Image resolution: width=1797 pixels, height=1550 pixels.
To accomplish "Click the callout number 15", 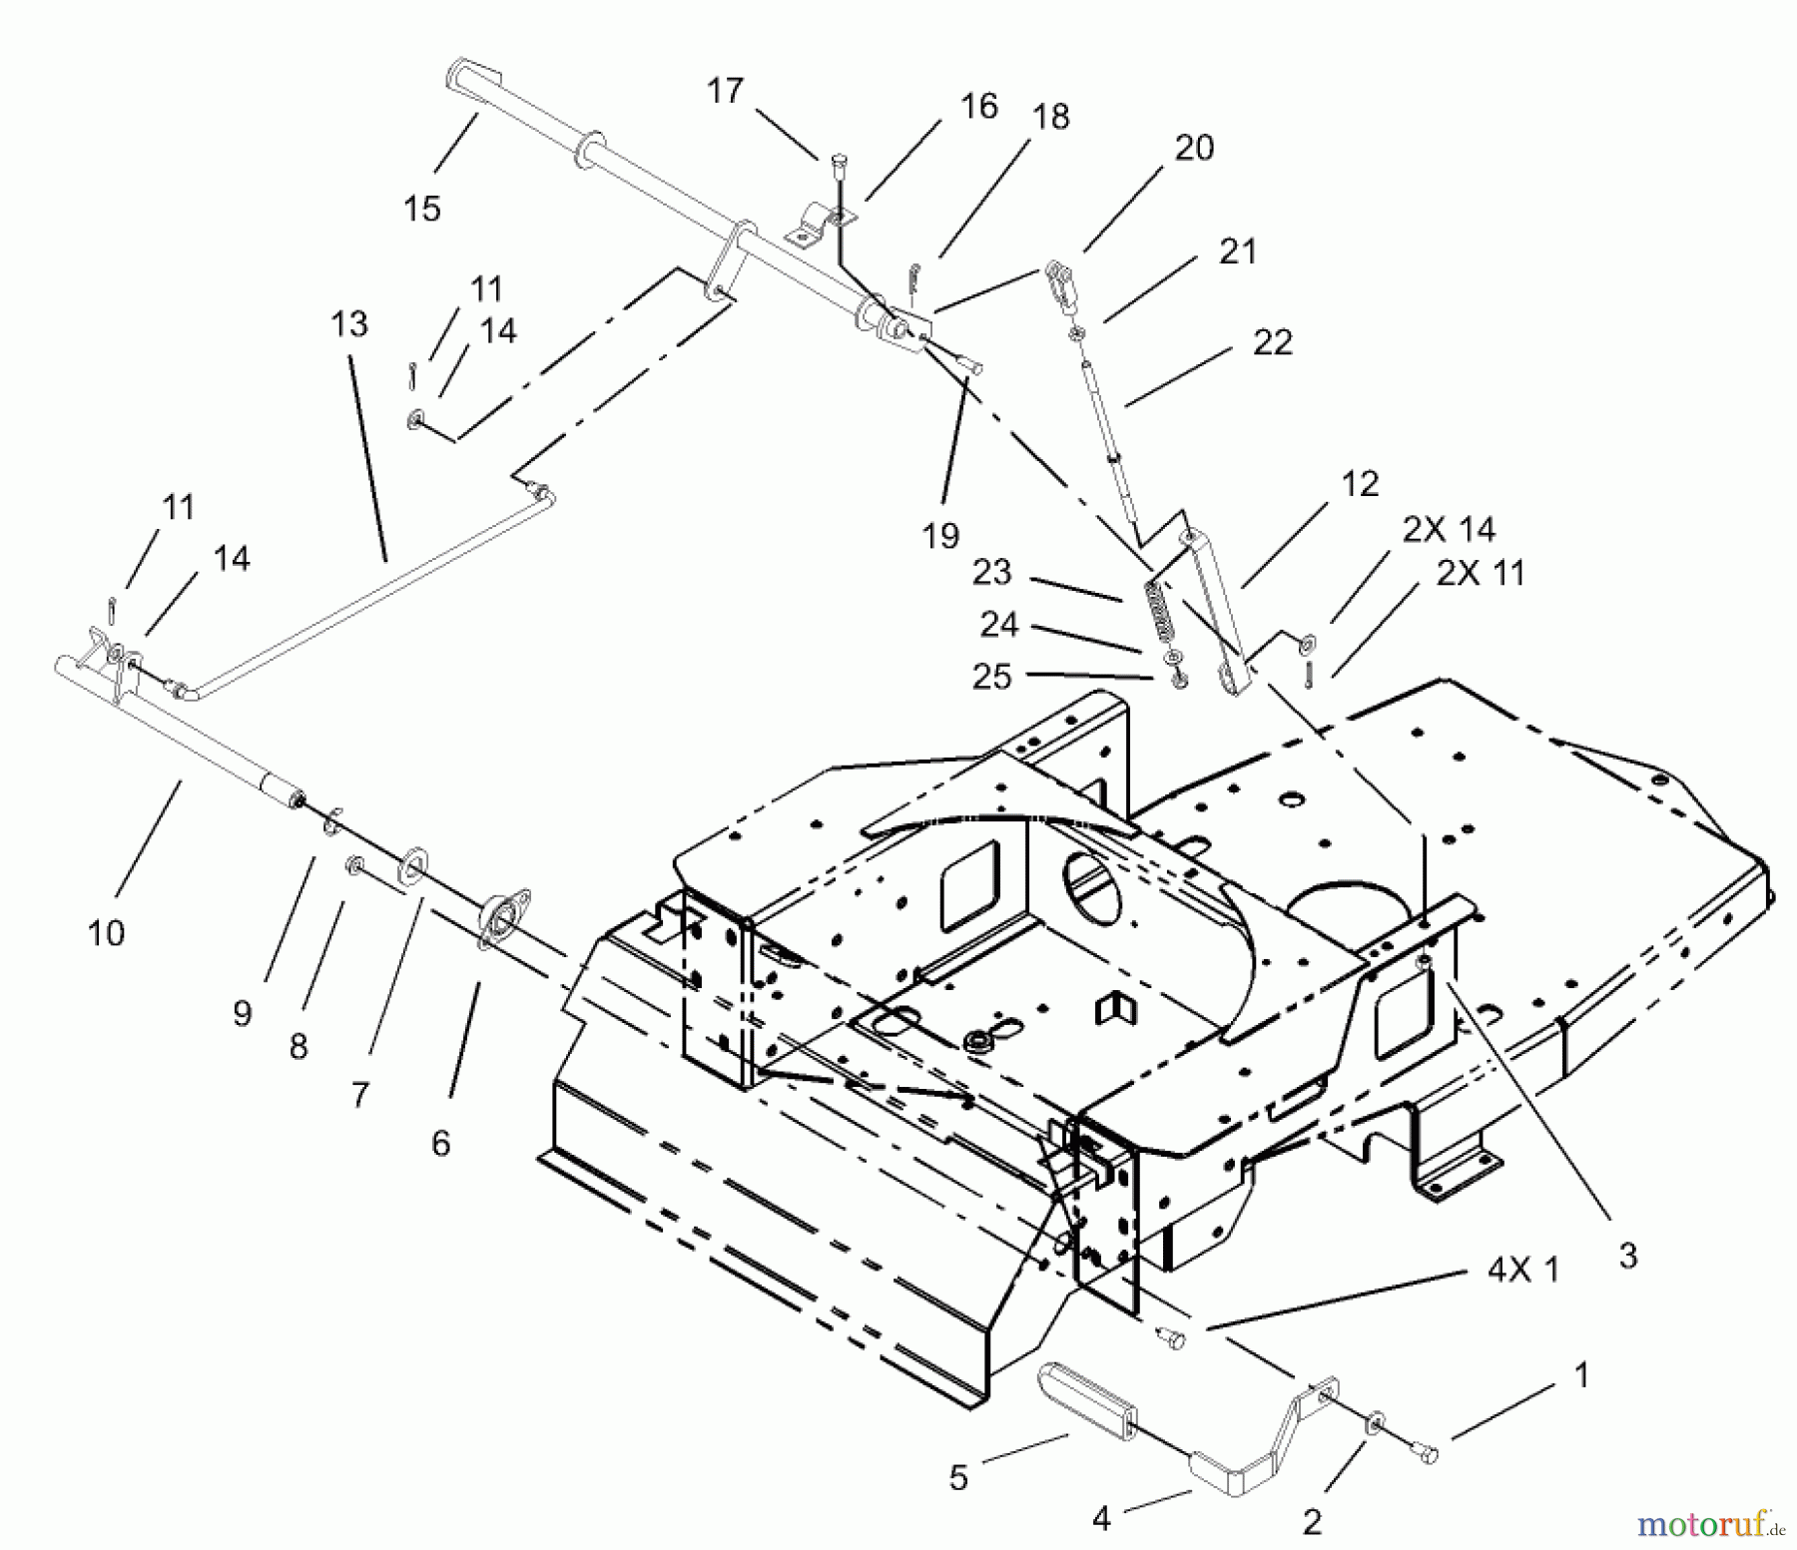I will coord(421,209).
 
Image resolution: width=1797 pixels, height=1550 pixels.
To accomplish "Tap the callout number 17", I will coord(725,91).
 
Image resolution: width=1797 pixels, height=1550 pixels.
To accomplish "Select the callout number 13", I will coord(349,323).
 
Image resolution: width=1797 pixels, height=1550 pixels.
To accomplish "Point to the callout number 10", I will coord(106,933).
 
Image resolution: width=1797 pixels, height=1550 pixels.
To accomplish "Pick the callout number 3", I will coord(1627,1256).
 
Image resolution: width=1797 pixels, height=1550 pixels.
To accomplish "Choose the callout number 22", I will coord(1272,342).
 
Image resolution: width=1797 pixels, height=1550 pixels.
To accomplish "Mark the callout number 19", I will coord(940,536).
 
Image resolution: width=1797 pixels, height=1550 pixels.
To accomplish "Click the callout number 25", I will coord(992,677).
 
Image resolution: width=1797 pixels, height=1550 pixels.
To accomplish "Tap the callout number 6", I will coord(440,1143).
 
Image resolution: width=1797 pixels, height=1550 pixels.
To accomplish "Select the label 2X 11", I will coord(1481,573).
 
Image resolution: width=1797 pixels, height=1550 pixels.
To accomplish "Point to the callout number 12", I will coord(1360,483).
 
